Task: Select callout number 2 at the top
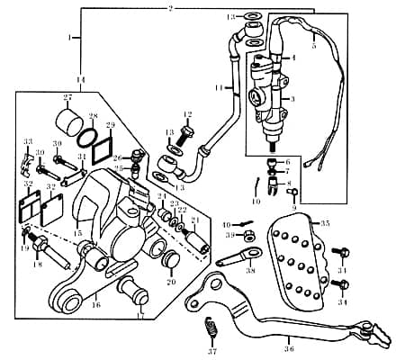[x=169, y=7]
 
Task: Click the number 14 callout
[x=80, y=81]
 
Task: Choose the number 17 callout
[x=139, y=316]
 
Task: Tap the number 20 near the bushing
[x=172, y=280]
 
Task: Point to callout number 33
[x=27, y=141]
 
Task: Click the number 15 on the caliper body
[x=78, y=233]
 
